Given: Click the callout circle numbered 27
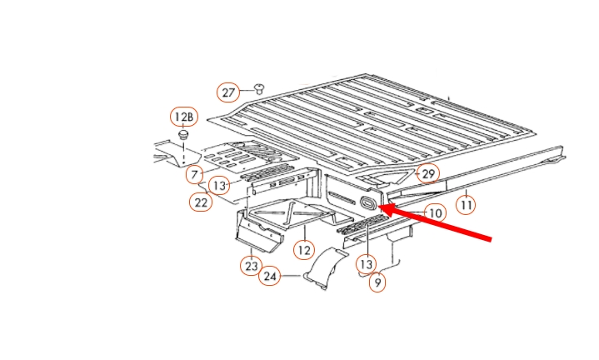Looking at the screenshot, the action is point(228,92).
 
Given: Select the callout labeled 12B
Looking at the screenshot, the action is point(184,117).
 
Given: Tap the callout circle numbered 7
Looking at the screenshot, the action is point(194,175).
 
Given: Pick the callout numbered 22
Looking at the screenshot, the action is point(201,202).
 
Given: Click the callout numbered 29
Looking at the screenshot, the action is point(428,174).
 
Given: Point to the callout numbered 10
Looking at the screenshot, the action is point(435,213).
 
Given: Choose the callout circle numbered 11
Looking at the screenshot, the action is point(466,205).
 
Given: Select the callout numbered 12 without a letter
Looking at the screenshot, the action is point(304,250).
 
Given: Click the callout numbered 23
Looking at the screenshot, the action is point(251,266).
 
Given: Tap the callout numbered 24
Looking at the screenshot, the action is point(270,276).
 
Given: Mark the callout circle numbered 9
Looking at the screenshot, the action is point(377,282).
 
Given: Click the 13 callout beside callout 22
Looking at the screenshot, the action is point(219,186).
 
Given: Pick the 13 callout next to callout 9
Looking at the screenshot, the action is point(366,264).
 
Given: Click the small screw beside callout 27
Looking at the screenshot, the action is point(259,88).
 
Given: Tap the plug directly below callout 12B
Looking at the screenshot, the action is point(183,135).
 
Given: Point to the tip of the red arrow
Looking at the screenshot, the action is point(379,207).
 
